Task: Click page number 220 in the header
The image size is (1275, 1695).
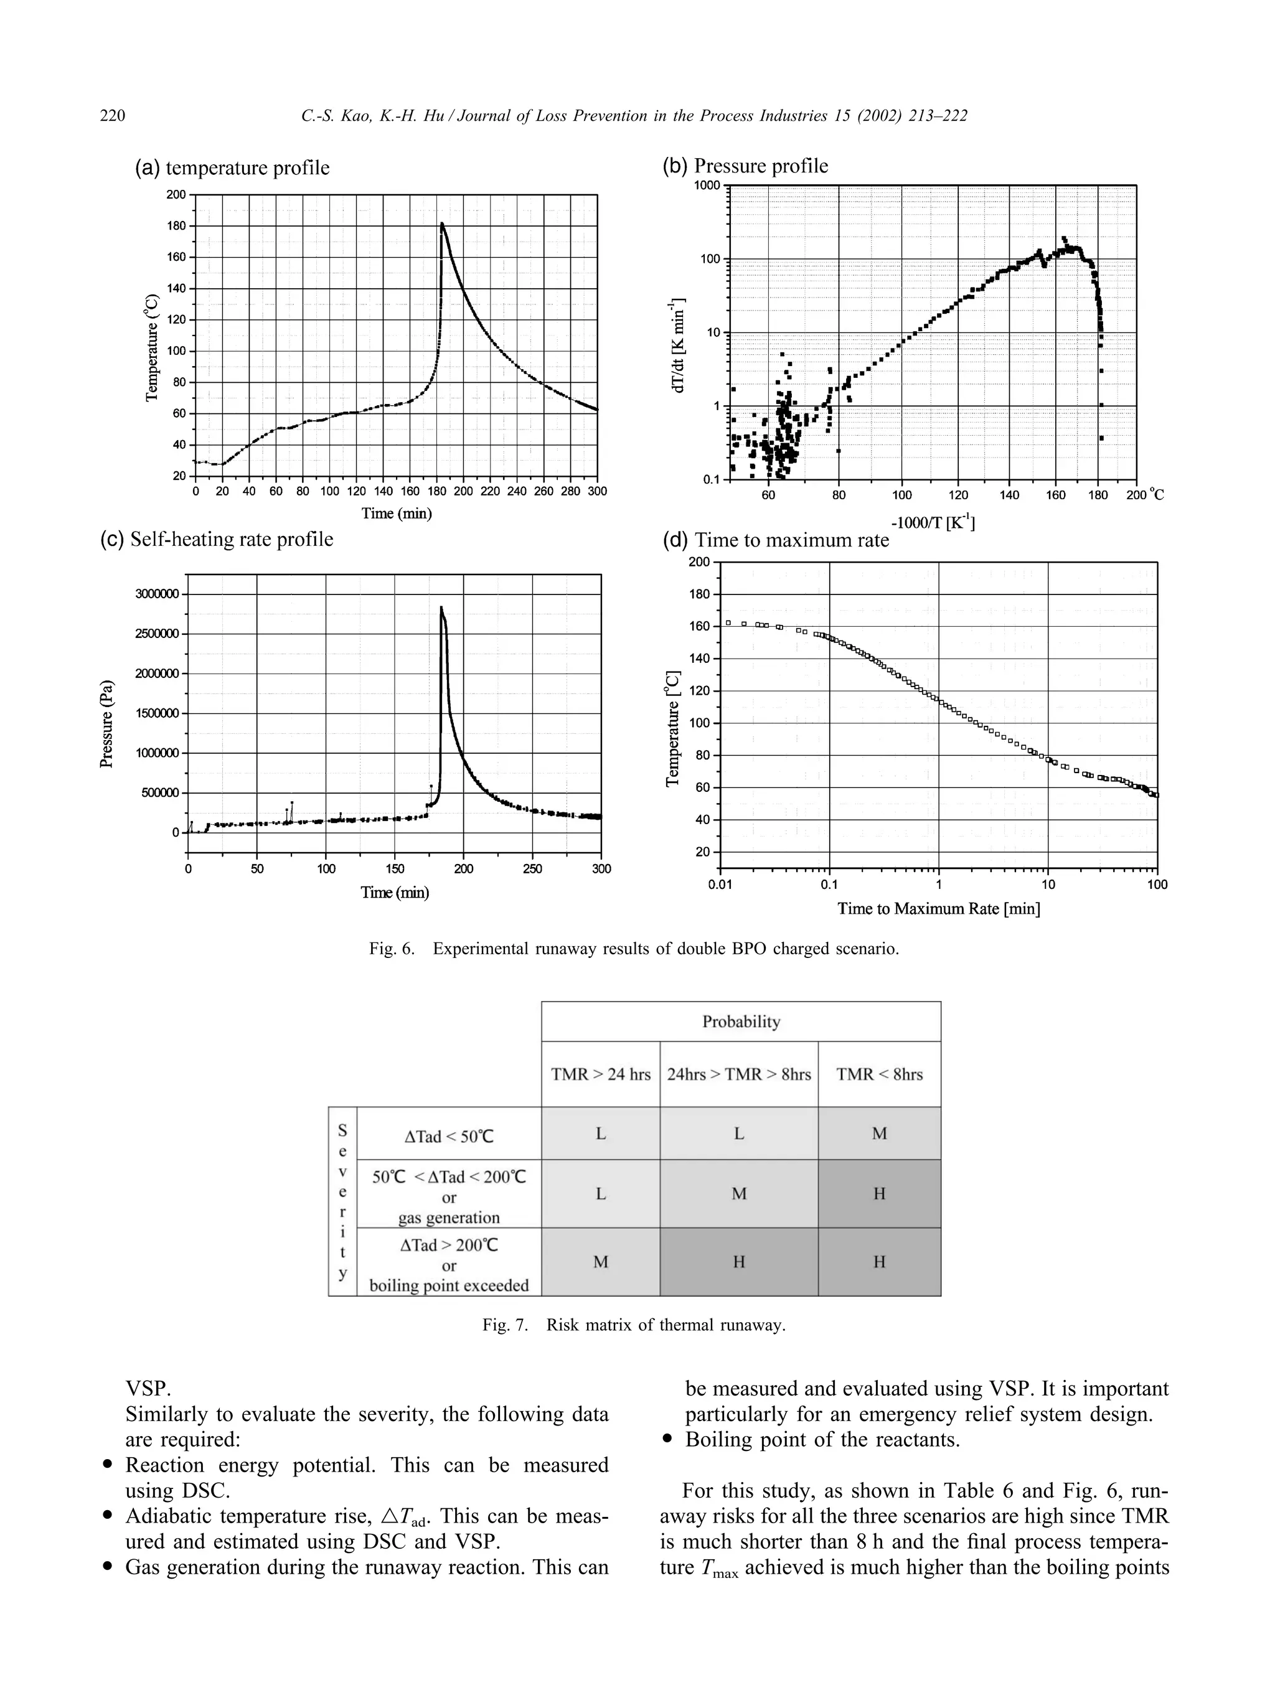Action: point(113,116)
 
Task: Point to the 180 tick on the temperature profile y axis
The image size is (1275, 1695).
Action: point(176,226)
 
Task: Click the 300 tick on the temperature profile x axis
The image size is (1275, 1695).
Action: point(597,491)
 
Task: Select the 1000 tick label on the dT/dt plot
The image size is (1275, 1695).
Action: point(707,185)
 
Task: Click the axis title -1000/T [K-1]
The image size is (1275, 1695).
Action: point(933,523)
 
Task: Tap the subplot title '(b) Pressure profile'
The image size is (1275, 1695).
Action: point(745,166)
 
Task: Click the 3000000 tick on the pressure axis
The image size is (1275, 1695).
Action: point(157,594)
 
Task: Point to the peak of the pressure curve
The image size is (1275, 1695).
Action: point(441,608)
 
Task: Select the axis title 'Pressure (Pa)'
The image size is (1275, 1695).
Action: point(107,723)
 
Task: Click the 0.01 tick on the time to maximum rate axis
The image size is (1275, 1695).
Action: point(720,885)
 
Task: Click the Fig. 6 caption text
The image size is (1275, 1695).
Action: point(634,949)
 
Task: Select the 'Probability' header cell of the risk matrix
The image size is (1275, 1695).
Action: point(741,1021)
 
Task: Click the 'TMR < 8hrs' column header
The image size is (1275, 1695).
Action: point(879,1074)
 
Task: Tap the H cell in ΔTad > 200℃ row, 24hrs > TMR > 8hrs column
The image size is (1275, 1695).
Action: point(738,1261)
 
